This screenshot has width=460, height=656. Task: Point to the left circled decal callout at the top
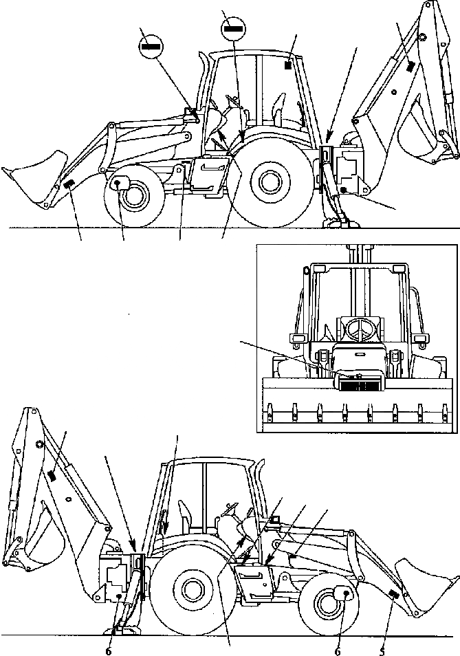point(151,46)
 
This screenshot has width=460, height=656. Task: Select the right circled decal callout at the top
point(233,29)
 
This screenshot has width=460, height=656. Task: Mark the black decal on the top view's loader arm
point(69,184)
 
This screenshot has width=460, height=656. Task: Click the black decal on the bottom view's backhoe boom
point(52,475)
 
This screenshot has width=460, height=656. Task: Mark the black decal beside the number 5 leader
point(394,594)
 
